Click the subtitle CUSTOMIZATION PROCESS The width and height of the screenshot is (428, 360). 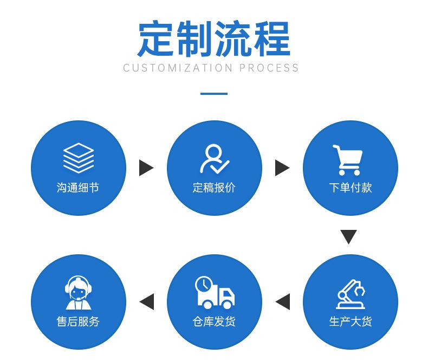pos(211,68)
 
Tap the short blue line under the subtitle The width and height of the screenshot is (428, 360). pos(213,94)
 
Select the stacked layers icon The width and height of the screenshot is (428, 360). pos(79,158)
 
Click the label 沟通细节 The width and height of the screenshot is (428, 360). pos(78,188)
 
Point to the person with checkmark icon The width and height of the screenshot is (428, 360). pos(214,158)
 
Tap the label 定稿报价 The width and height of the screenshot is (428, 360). pos(214,188)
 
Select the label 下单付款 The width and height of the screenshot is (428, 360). pos(350,188)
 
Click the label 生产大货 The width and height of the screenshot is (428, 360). pos(350,322)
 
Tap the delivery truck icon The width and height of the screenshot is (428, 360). pos(215,292)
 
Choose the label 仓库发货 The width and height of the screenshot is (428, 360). pos(214,322)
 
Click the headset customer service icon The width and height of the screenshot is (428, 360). pos(79,293)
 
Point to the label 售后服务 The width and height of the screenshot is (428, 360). pos(78,322)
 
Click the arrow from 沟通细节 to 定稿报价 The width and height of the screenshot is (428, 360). pos(146,168)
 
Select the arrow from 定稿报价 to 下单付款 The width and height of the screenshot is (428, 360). pos(282,168)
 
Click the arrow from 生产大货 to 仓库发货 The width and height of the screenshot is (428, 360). pos(282,301)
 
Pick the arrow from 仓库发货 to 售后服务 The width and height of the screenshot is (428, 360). pos(147,301)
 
